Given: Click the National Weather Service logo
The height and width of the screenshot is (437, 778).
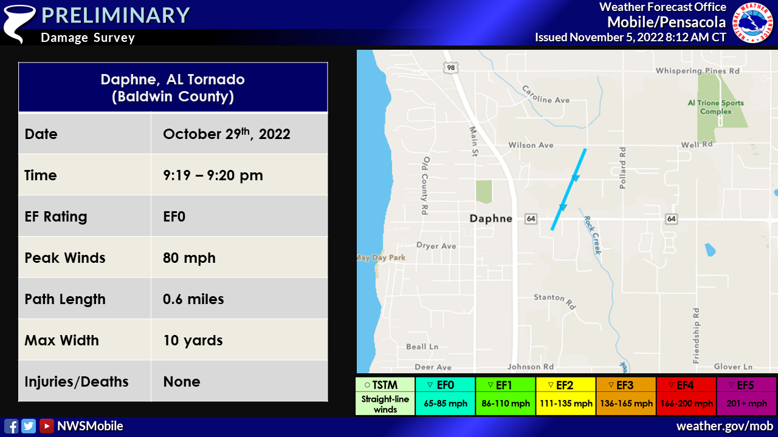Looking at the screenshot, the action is pyautogui.click(x=752, y=22).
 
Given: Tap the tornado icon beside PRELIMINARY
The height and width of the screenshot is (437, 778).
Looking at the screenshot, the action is pyautogui.click(x=19, y=23).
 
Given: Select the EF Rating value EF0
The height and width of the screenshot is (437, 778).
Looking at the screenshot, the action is pyautogui.click(x=174, y=217).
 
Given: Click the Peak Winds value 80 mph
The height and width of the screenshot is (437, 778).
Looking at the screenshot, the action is pyautogui.click(x=189, y=258).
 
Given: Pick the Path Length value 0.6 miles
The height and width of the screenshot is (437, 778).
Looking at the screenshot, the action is pyautogui.click(x=193, y=299).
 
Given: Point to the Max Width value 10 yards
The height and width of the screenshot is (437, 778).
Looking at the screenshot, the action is pyautogui.click(x=193, y=340).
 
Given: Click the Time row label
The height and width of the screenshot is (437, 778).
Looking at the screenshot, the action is pyautogui.click(x=41, y=175).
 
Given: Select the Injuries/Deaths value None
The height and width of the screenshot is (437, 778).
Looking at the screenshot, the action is pyautogui.click(x=182, y=382).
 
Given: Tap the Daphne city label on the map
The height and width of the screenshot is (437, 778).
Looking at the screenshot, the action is pyautogui.click(x=491, y=218).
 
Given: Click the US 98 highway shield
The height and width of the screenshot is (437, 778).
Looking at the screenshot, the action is pyautogui.click(x=451, y=67).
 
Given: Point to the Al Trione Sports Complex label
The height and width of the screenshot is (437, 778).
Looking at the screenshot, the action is pyautogui.click(x=716, y=107).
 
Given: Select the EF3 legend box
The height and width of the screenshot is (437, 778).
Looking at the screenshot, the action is pyautogui.click(x=626, y=396).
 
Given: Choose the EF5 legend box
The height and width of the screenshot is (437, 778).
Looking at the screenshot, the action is pyautogui.click(x=747, y=396).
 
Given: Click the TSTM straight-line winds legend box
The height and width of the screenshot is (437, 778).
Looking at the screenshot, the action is pyautogui.click(x=385, y=396).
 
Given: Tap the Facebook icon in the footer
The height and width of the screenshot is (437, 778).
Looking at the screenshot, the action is pyautogui.click(x=11, y=426).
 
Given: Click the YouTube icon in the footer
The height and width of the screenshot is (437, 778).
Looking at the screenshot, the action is pyautogui.click(x=47, y=426).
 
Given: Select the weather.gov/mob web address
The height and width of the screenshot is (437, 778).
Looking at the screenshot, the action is pyautogui.click(x=725, y=426).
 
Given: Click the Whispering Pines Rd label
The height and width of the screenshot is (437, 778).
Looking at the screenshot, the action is pyautogui.click(x=697, y=71).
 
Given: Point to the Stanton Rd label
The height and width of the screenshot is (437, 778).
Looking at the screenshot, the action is pyautogui.click(x=555, y=300).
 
